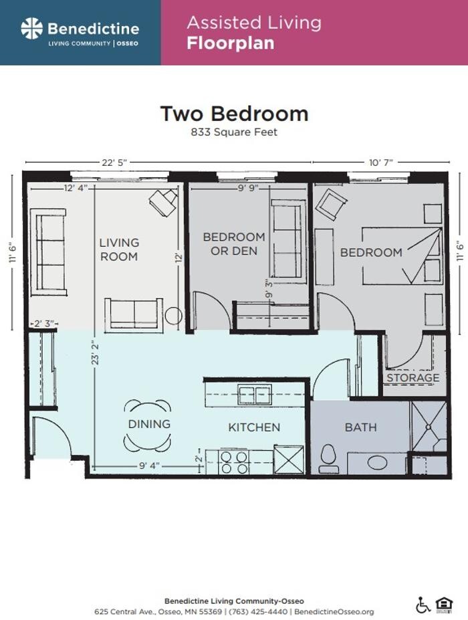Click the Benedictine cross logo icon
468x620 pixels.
coord(31,29)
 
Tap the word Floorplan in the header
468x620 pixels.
coord(231,44)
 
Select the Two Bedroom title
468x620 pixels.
coord(234,113)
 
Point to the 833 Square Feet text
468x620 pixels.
coord(234,132)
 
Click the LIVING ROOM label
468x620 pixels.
coord(119,249)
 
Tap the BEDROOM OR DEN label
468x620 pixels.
coord(234,244)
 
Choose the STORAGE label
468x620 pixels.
coord(413,378)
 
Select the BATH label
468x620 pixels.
coord(360,427)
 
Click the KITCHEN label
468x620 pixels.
coord(254,427)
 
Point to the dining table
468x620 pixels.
coord(148,425)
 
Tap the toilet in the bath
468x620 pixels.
coord(328,458)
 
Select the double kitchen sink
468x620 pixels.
coord(255,395)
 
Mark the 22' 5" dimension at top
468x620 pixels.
coord(113,163)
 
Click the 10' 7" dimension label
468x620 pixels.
coord(380,163)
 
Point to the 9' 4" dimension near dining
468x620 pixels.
coord(149,466)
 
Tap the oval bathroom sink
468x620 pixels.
coord(377,463)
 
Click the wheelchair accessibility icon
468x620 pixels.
coord(423,605)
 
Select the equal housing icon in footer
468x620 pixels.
coord(443,605)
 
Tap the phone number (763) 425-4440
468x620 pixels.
coord(265,612)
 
